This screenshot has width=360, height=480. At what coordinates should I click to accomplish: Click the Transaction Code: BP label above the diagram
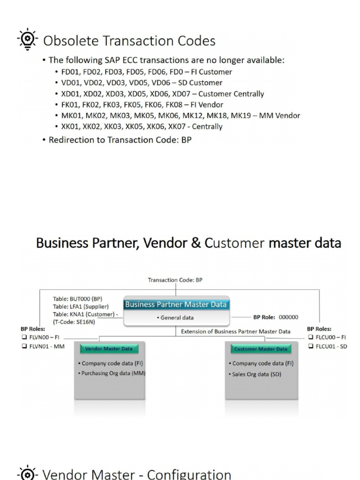[175, 280]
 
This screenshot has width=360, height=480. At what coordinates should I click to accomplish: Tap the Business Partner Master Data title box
[176, 304]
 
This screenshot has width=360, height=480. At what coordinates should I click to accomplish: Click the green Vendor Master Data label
[109, 349]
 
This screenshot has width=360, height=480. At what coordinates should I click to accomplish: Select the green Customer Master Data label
[261, 349]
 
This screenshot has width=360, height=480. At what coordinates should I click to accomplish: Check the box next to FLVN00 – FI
[23, 337]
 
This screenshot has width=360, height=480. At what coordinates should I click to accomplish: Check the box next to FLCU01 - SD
[311, 346]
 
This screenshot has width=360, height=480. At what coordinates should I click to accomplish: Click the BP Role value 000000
[288, 317]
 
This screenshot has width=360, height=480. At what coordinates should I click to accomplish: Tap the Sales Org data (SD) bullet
[257, 375]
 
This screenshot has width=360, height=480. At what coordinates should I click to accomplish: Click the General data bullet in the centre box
[177, 317]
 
